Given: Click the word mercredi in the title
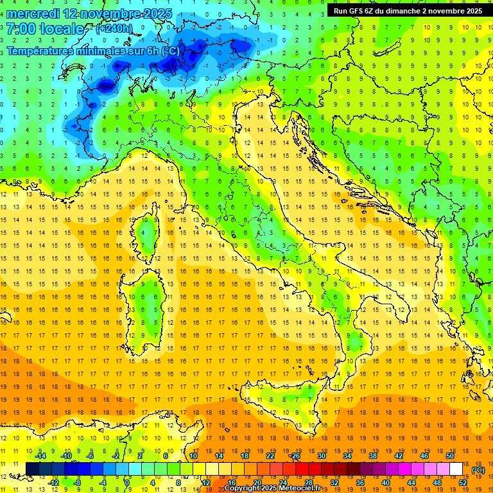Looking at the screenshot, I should tap(34, 13).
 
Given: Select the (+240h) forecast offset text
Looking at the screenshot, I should tap(114, 29).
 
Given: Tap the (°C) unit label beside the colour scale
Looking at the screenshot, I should tap(478, 470).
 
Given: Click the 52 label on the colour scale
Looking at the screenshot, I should tap(463, 482).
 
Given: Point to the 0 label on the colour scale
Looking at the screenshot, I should tap(127, 482).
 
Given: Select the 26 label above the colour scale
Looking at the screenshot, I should tap(295, 456).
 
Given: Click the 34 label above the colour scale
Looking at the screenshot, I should tap(347, 456).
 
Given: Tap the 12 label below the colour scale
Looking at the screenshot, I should tap(205, 482).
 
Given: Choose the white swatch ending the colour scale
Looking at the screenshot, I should tap(456, 469).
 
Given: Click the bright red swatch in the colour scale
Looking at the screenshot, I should tap(302, 469).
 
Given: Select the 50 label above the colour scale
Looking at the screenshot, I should tap(449, 456).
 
